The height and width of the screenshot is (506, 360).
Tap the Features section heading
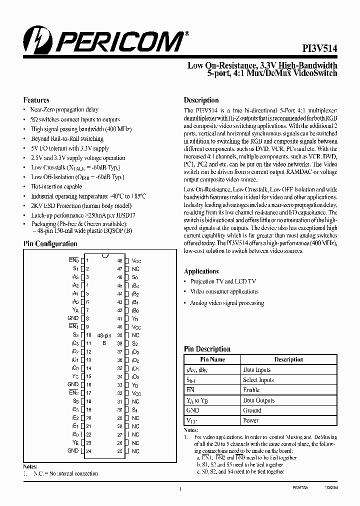click(36, 100)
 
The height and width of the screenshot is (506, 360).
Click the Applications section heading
click(201, 271)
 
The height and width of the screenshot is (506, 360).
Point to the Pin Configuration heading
click(50, 244)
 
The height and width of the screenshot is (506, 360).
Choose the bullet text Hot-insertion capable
click(56, 186)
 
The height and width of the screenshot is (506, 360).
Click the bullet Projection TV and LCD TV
click(222, 281)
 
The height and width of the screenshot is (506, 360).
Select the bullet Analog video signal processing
click(226, 303)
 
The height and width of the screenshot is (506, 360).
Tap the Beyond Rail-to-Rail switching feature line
click(67, 138)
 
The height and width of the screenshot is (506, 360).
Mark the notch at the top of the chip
click(105, 256)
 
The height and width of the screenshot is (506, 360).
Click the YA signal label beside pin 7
click(75, 310)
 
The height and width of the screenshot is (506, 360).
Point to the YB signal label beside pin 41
click(134, 318)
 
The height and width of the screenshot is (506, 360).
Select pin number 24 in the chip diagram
click(88, 451)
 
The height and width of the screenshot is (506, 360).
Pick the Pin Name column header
click(212, 359)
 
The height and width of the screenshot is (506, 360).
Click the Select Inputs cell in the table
click(258, 380)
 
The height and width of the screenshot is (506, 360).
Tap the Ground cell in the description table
click(252, 410)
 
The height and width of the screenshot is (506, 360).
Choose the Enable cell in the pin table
click(251, 390)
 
